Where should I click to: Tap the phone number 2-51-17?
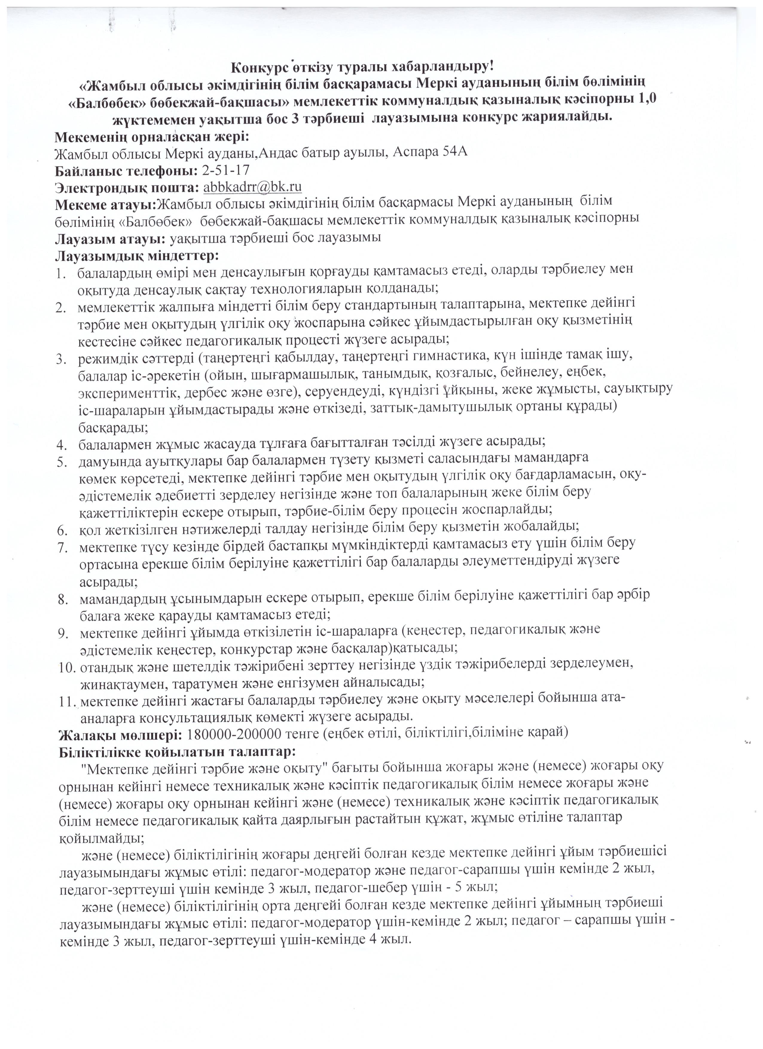point(226,170)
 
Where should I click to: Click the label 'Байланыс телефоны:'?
point(126,171)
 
